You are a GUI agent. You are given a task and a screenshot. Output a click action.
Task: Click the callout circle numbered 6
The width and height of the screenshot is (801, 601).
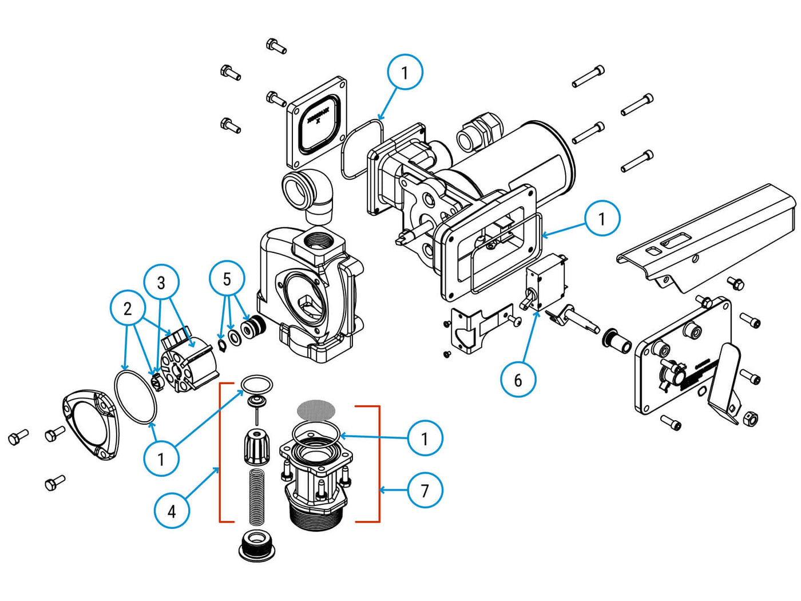(518, 380)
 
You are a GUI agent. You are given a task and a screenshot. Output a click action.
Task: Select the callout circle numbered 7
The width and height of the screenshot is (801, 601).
(425, 491)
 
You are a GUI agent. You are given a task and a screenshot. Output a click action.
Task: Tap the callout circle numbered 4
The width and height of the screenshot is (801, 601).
(172, 511)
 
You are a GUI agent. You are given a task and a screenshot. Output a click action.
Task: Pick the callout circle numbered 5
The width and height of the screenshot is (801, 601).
(227, 279)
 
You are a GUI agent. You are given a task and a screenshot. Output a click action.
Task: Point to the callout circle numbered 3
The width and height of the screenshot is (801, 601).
(161, 282)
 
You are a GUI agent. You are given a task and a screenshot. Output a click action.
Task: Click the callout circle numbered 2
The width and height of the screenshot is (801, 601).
(128, 309)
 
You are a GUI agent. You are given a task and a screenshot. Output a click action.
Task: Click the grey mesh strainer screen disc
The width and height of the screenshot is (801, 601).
(316, 410)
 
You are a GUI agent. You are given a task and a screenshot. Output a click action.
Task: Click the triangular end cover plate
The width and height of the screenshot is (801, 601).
(92, 423)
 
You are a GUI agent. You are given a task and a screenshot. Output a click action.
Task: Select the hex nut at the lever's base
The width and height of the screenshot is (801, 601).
(750, 419)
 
